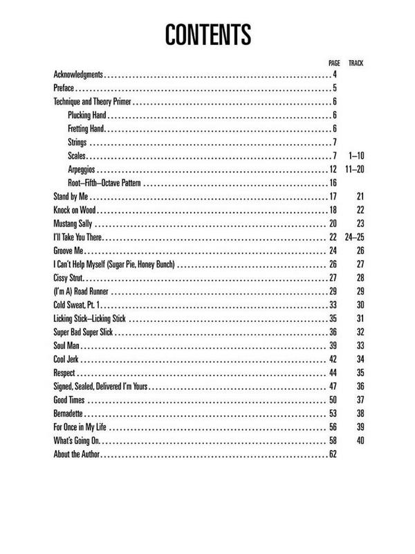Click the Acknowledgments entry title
coord(78,74)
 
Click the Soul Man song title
coord(66,346)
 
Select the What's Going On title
coord(77,440)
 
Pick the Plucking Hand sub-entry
coord(87,115)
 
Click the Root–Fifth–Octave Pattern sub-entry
coord(106,183)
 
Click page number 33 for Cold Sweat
coord(332,305)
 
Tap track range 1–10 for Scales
coord(355,156)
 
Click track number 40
coord(359,440)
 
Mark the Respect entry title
coord(64,373)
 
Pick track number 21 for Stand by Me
coord(359,197)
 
